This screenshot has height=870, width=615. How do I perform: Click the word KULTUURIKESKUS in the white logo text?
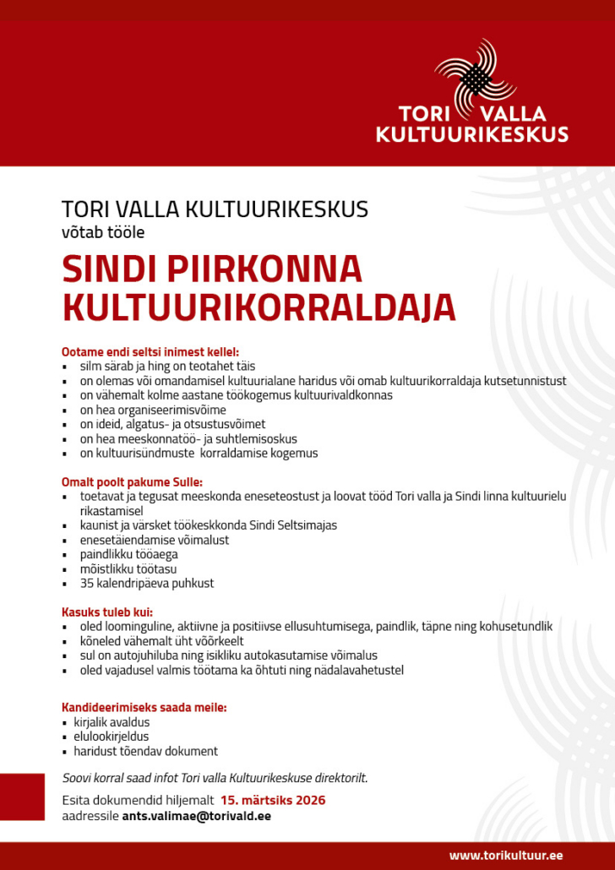point(471,134)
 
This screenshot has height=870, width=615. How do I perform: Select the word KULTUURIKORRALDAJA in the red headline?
point(259,308)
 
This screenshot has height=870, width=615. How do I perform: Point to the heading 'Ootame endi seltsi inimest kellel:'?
point(150,351)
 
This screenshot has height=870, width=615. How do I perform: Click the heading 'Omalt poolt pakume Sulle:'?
point(132,481)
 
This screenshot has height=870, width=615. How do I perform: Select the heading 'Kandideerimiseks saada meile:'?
point(144,707)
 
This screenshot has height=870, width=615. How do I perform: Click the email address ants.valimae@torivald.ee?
point(197,816)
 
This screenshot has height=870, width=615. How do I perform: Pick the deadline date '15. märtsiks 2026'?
point(273,800)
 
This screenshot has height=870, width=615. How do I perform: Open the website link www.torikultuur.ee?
point(505,855)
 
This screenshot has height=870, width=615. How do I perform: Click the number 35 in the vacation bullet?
point(87,583)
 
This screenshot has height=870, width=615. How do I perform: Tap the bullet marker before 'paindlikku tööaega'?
point(65,555)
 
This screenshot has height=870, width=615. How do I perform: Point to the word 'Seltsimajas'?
point(307,525)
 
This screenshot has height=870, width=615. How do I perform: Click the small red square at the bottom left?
point(22,797)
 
